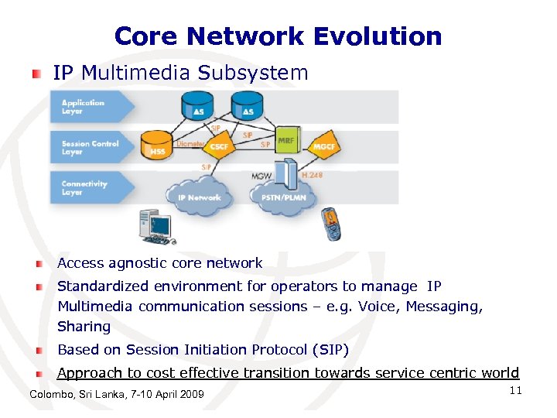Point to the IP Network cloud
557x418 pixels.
click(199, 197)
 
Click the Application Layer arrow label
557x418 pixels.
click(83, 107)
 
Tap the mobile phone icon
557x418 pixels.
click(331, 224)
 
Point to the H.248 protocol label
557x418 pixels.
click(312, 176)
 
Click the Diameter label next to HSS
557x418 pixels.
click(190, 144)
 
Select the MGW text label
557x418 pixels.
click(261, 176)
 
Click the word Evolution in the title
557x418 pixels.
click(378, 36)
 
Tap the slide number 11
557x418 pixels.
click(516, 391)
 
